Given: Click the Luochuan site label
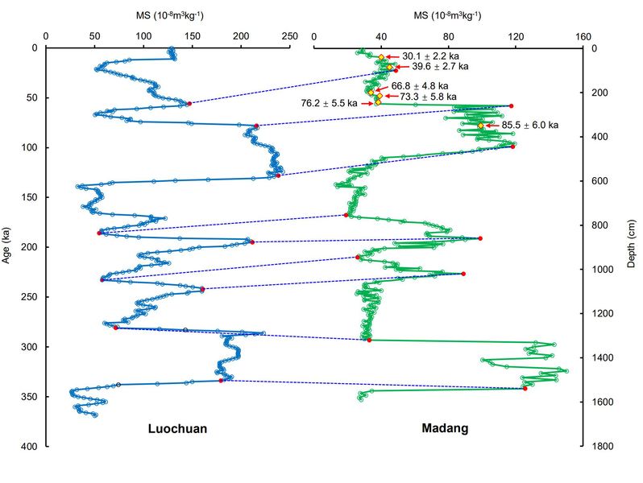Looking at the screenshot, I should tap(177, 429).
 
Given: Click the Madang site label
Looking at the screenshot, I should tap(445, 428).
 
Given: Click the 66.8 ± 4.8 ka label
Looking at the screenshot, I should tap(420, 85).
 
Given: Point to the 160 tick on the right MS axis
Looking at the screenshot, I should tap(583, 35).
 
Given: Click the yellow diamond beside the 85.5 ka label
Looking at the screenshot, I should tap(480, 126).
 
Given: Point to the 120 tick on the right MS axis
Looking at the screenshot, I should tap(516, 35).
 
